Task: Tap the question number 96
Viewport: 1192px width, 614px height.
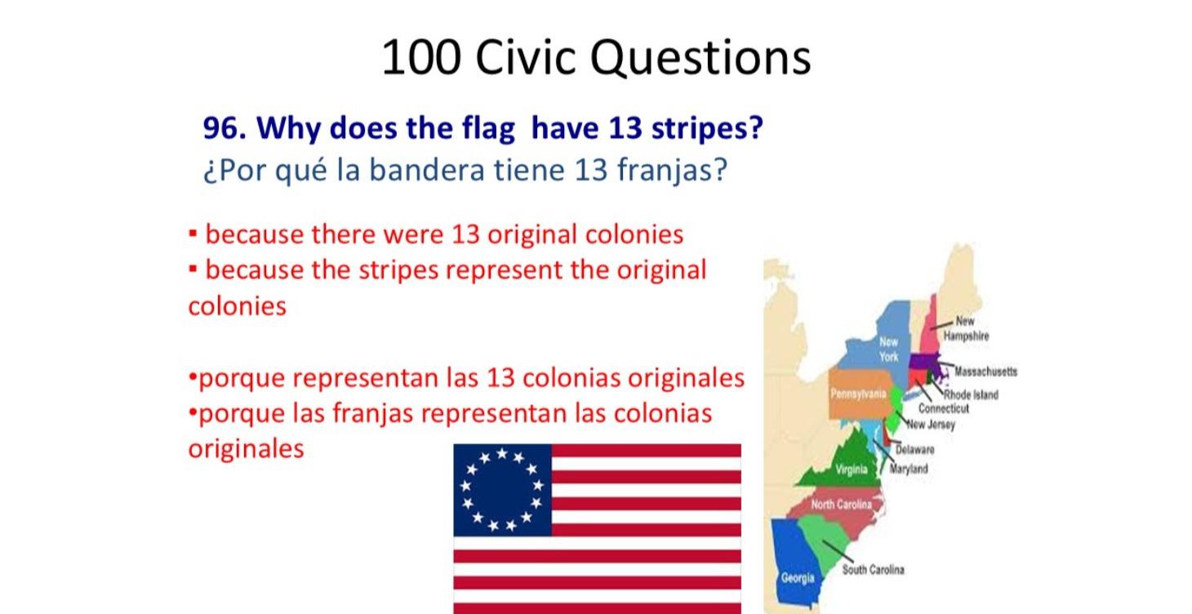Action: coord(224,128)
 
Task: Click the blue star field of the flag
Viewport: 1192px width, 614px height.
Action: coord(502,490)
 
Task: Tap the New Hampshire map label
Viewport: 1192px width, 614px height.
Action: coord(965,328)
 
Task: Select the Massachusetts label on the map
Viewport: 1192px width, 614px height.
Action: coord(985,372)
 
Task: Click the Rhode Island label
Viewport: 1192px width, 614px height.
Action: coord(972,394)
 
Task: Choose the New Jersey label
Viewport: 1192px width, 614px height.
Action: coord(930,424)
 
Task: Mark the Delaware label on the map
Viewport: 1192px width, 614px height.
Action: coord(914,449)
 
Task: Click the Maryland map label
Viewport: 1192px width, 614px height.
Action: coord(909,469)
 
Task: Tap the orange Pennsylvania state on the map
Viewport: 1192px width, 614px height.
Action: coord(857,395)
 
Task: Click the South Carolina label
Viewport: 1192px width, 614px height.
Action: coord(873,569)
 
